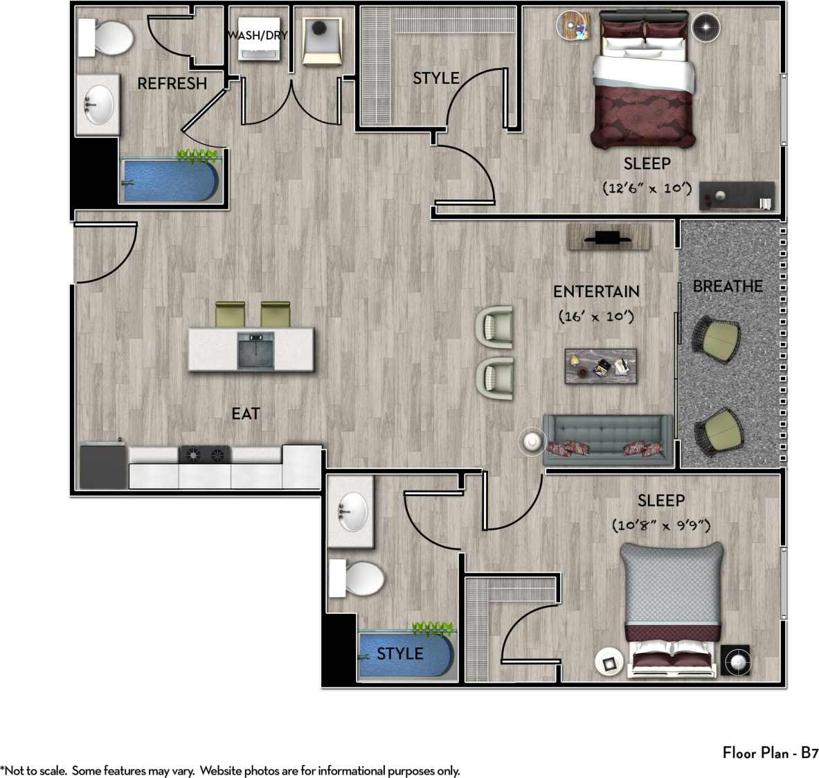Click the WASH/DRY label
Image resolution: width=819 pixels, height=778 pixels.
pos(258,35)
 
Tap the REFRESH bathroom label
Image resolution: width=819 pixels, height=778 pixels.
pos(172,84)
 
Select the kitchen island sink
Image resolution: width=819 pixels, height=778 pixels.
pos(255,350)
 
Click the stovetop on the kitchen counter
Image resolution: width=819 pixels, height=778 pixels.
pos(205,454)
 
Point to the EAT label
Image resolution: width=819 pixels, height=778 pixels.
pos(246,414)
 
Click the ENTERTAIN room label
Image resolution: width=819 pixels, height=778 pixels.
pos(595,292)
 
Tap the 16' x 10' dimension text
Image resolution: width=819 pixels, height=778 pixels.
pos(595,317)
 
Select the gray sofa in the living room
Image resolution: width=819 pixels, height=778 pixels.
pos(608,440)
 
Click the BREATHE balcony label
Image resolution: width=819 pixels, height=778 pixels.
pos(728,286)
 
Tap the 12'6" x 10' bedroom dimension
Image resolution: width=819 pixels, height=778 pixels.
pos(647,188)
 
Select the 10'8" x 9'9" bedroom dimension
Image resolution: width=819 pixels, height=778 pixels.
pos(661,526)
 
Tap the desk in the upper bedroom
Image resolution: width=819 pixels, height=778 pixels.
pos(736,195)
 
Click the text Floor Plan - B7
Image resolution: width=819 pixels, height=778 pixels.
pos(771,752)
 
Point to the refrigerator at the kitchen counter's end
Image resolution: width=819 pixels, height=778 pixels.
pos(103,466)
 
